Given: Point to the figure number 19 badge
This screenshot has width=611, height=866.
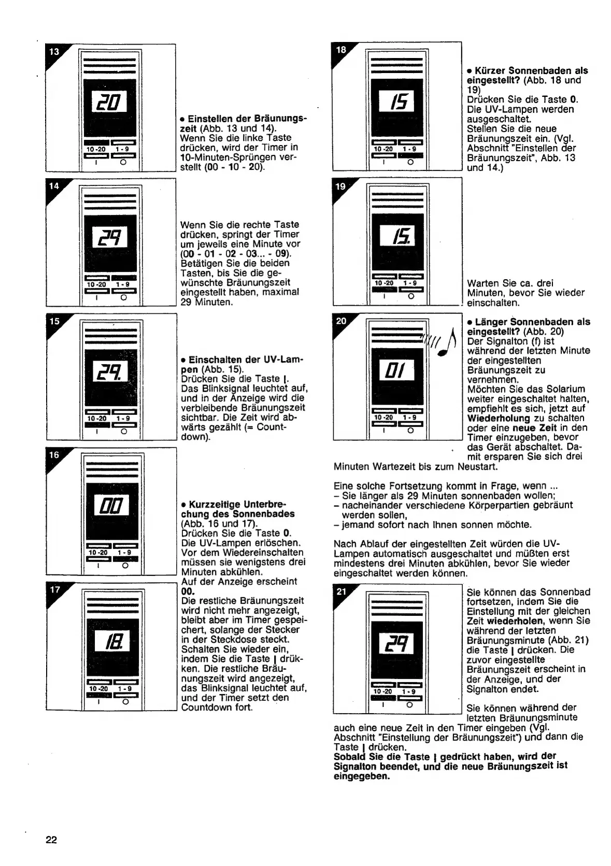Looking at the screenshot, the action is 340,187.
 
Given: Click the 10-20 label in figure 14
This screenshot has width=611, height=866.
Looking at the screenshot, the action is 96,284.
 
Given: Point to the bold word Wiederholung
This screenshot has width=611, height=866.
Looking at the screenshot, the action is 498,418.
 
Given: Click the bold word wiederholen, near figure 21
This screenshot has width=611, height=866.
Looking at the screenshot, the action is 515,621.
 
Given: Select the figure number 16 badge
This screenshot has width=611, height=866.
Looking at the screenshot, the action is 54,455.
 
